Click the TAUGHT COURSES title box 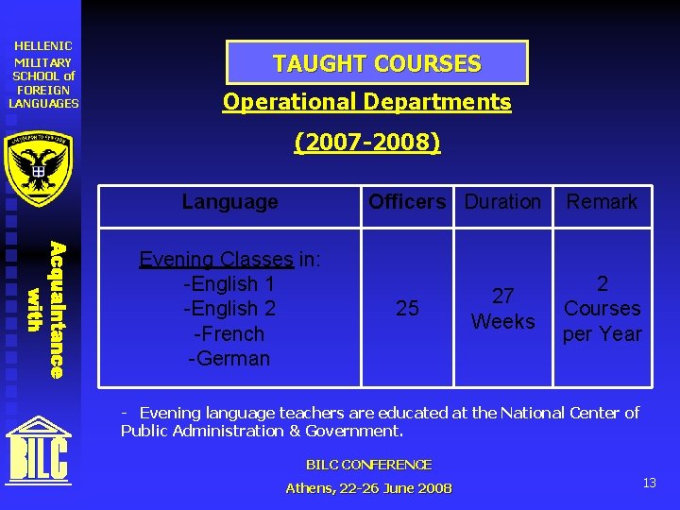(377, 63)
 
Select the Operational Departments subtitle (366, 102)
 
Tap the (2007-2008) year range (366, 143)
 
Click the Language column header (229, 201)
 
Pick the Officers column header (407, 201)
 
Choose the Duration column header (502, 201)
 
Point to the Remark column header (602, 201)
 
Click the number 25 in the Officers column (407, 309)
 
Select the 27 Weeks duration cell (502, 309)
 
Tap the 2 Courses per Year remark (602, 309)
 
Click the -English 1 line (229, 283)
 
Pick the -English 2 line (229, 309)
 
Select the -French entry (229, 333)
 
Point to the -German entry (229, 359)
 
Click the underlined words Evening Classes (215, 259)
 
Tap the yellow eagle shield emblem (39, 167)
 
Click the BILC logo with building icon (39, 449)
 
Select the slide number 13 (649, 483)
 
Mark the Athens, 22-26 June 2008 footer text (368, 488)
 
